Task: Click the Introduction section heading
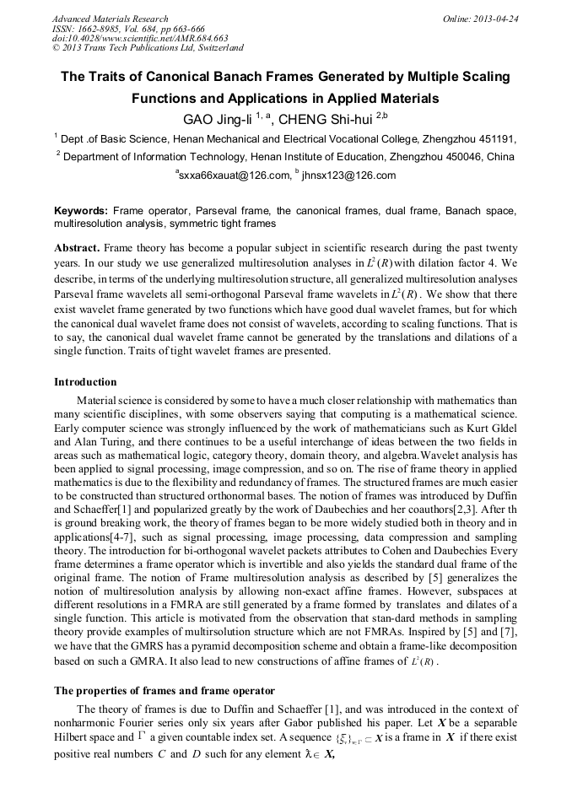85,382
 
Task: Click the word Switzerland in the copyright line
217,49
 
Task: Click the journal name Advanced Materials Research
111,19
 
